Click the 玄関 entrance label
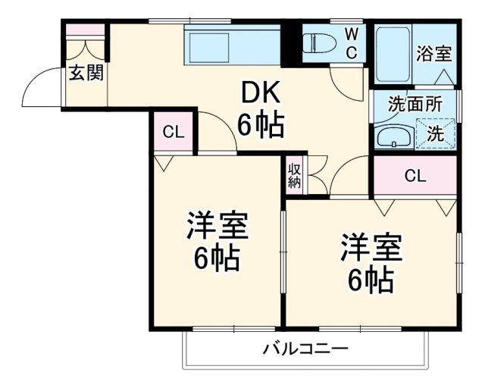point(84,74)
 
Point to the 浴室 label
point(433,55)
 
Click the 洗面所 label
point(413,105)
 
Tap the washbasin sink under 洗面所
point(393,137)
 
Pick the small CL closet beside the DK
point(173,132)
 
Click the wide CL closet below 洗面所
point(415,177)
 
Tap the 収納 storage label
point(295,175)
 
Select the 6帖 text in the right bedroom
point(369,280)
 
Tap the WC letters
point(352,42)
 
